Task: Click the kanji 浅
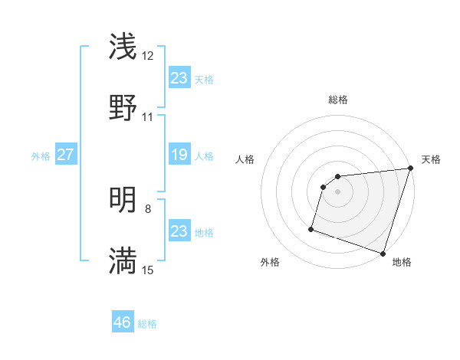(x=123, y=46)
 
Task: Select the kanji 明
(x=123, y=200)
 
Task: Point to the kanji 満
(x=123, y=260)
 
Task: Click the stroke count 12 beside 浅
(x=148, y=56)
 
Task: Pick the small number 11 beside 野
(x=148, y=117)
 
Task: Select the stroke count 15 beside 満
(x=148, y=270)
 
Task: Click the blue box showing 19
(x=179, y=155)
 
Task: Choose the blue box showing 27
(x=65, y=155)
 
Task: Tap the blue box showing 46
(x=122, y=322)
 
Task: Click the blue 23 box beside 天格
(x=179, y=78)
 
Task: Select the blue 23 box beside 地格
(x=179, y=231)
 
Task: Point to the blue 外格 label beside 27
(x=41, y=156)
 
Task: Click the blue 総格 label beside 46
(x=147, y=324)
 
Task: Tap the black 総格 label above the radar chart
(x=338, y=100)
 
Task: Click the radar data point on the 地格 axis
(x=383, y=253)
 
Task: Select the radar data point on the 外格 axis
(x=311, y=228)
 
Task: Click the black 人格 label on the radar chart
(x=245, y=159)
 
